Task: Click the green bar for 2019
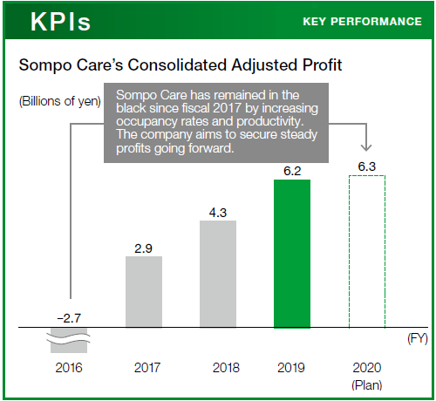coord(292,254)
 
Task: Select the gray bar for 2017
coord(144,292)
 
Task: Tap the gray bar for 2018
coord(218,274)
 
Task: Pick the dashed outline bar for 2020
coord(367,252)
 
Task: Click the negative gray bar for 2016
coord(69,340)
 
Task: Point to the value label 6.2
coord(292,171)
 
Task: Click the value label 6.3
coord(367,167)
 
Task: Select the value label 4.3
coord(218,213)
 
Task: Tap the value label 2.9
coord(143,248)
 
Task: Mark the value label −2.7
coord(69,318)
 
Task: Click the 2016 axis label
coord(69,368)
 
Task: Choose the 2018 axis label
coord(226,368)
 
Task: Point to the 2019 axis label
coord(291,368)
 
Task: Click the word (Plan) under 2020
coord(367,385)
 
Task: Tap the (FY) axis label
coord(418,338)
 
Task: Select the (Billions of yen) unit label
coord(60,101)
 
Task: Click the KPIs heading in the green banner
coord(60,22)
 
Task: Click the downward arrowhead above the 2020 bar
coord(366,146)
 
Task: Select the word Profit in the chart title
coord(322,65)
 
